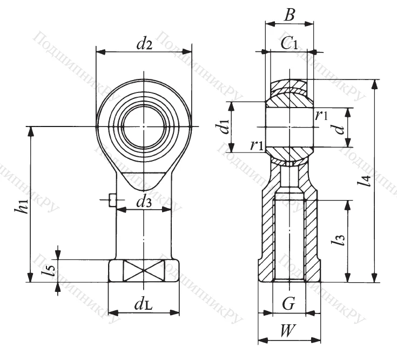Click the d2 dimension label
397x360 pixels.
144,44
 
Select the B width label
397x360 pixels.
290,15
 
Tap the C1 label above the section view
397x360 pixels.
290,44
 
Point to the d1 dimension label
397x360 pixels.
220,128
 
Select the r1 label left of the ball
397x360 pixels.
257,144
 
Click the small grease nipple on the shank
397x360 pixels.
111,200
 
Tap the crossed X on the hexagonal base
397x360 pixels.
144,271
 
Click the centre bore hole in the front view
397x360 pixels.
144,127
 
